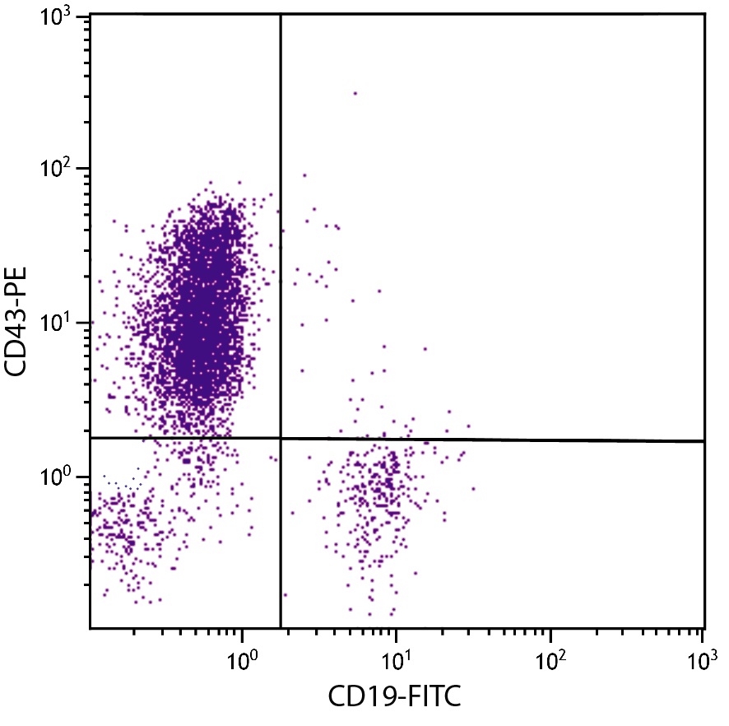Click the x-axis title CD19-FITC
click(x=394, y=696)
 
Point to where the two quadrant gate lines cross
click(x=281, y=439)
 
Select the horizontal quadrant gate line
click(x=494, y=440)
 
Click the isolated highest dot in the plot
click(x=355, y=93)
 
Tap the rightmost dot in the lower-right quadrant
click(x=473, y=489)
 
